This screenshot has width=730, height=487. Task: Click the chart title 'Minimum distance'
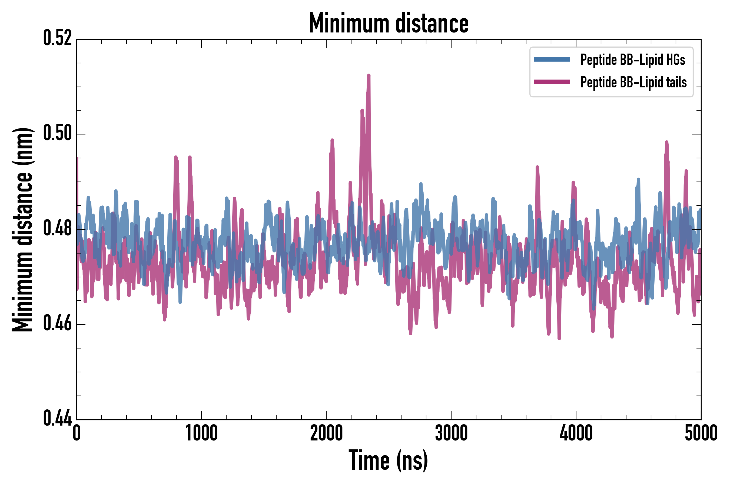[389, 23]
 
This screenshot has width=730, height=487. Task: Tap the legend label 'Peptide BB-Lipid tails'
[633, 82]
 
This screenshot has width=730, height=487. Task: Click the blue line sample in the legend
[552, 60]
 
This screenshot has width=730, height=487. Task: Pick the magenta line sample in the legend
[552, 82]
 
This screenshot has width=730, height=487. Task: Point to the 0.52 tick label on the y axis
[57, 38]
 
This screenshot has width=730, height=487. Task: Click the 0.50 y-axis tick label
[57, 134]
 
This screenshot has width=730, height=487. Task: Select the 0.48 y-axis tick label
[57, 229]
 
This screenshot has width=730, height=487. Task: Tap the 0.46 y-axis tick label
[57, 324]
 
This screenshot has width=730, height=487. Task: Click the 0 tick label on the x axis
[77, 433]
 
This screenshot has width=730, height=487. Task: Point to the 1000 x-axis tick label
[201, 433]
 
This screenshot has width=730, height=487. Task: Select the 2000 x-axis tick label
[326, 433]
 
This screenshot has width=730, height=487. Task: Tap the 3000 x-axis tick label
[451, 433]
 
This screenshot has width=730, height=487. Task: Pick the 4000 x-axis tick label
[576, 433]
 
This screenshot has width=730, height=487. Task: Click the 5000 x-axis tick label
[701, 433]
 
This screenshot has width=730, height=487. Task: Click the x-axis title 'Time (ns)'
[388, 460]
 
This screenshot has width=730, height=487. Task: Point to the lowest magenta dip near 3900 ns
[559, 338]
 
